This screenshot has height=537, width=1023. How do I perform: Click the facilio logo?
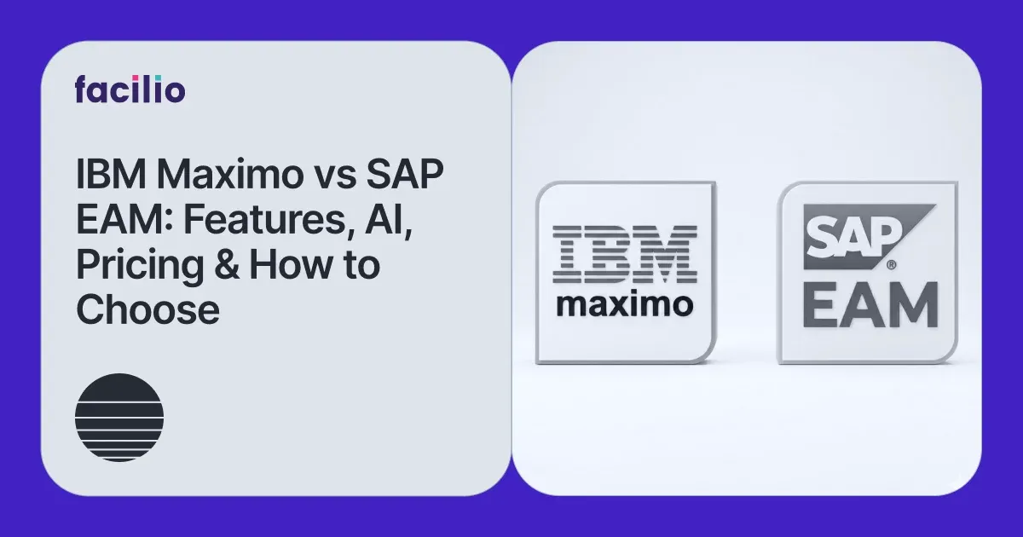click(x=130, y=89)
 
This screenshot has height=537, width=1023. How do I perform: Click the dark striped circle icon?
click(x=119, y=418)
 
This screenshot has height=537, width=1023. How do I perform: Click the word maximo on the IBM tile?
click(x=624, y=304)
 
